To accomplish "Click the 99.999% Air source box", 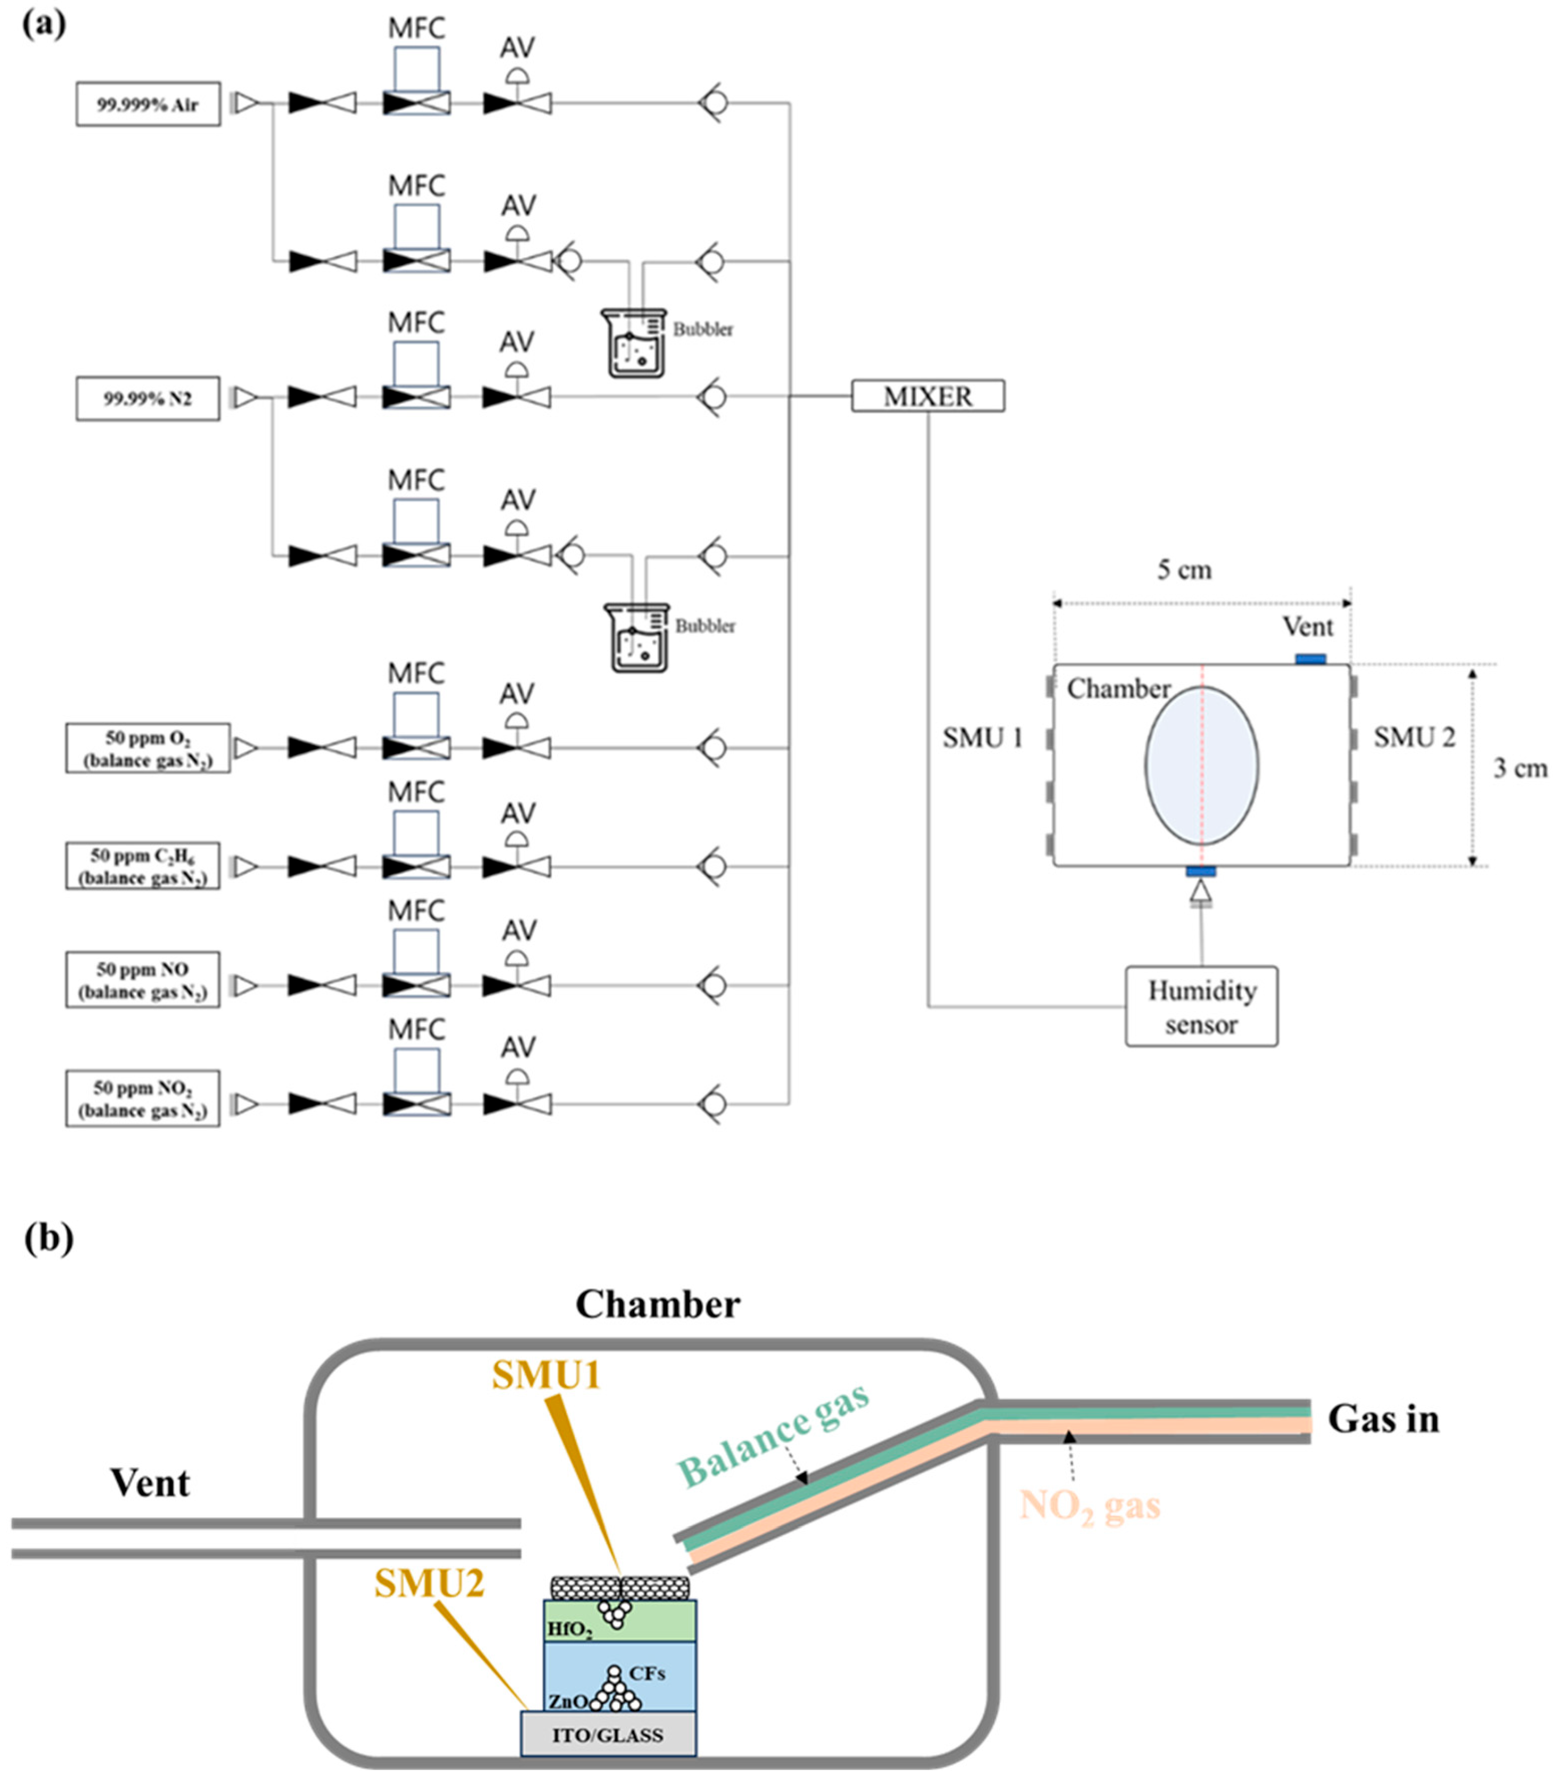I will click(147, 104).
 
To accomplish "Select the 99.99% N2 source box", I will click(147, 399).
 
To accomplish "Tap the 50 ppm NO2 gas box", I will click(143, 1099).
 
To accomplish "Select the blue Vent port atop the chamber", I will click(1310, 660).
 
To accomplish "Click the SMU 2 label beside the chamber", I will click(1414, 737).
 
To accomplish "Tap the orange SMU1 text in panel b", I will click(546, 1376).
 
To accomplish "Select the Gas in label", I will click(1383, 1419).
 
